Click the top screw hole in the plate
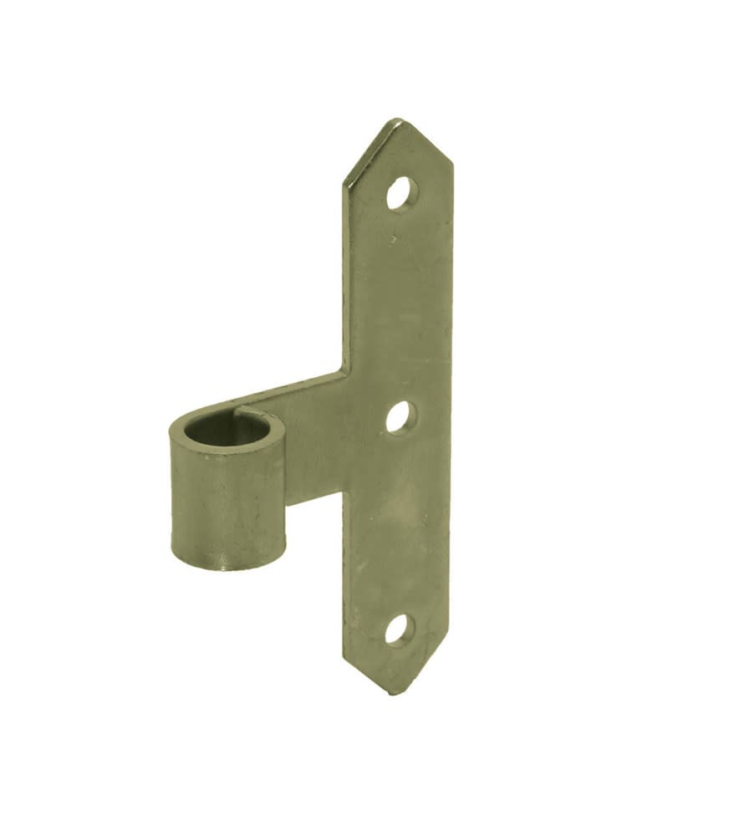click(x=401, y=194)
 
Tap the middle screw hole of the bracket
click(x=400, y=416)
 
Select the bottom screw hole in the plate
click(x=398, y=630)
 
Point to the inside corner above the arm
click(x=343, y=370)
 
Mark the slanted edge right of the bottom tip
click(x=422, y=669)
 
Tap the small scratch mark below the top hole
click(x=393, y=239)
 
